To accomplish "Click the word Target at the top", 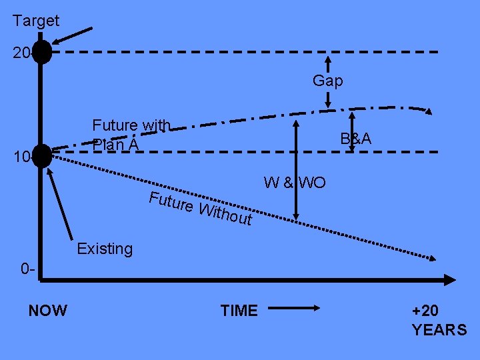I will coord(36,21).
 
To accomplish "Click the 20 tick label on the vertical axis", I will coord(21,53).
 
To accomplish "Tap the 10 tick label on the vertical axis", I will coord(21,157).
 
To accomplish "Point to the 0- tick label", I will coord(28,270).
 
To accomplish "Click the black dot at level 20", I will coord(42,52).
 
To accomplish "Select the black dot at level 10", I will coord(42,156).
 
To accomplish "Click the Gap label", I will coord(328,81).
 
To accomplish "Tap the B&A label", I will coord(355,139).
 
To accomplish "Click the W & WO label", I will coord(295,182).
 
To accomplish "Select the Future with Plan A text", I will coord(131,134).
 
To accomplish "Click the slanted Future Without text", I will coord(200,207).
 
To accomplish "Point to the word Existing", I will coord(105,249).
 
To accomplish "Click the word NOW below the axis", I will coord(48,311).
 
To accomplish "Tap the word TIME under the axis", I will coord(239,311).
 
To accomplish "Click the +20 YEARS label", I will coord(439,321).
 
